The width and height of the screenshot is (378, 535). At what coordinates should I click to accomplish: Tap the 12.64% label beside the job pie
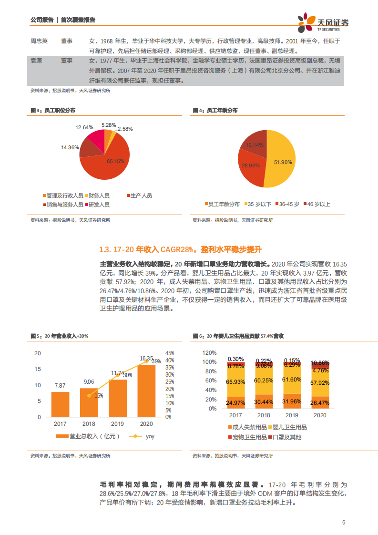coord(84,127)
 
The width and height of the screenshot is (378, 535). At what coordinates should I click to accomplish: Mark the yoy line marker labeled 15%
coord(89,395)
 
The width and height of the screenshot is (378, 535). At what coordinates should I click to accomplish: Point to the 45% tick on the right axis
coord(169,353)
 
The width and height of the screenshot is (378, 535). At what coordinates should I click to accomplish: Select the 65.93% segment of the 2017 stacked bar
coord(235,382)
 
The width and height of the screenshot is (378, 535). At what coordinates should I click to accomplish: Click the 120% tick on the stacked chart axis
coord(209,353)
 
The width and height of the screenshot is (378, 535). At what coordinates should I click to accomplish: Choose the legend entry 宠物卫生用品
coord(246,437)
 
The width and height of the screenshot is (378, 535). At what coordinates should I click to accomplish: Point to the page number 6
coord(343,522)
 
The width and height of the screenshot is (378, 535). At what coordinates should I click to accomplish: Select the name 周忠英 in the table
coord(39,41)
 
